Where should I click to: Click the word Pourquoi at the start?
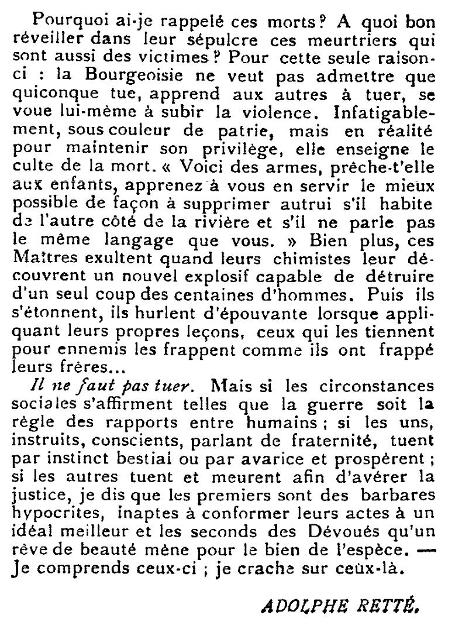pos(61,19)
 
